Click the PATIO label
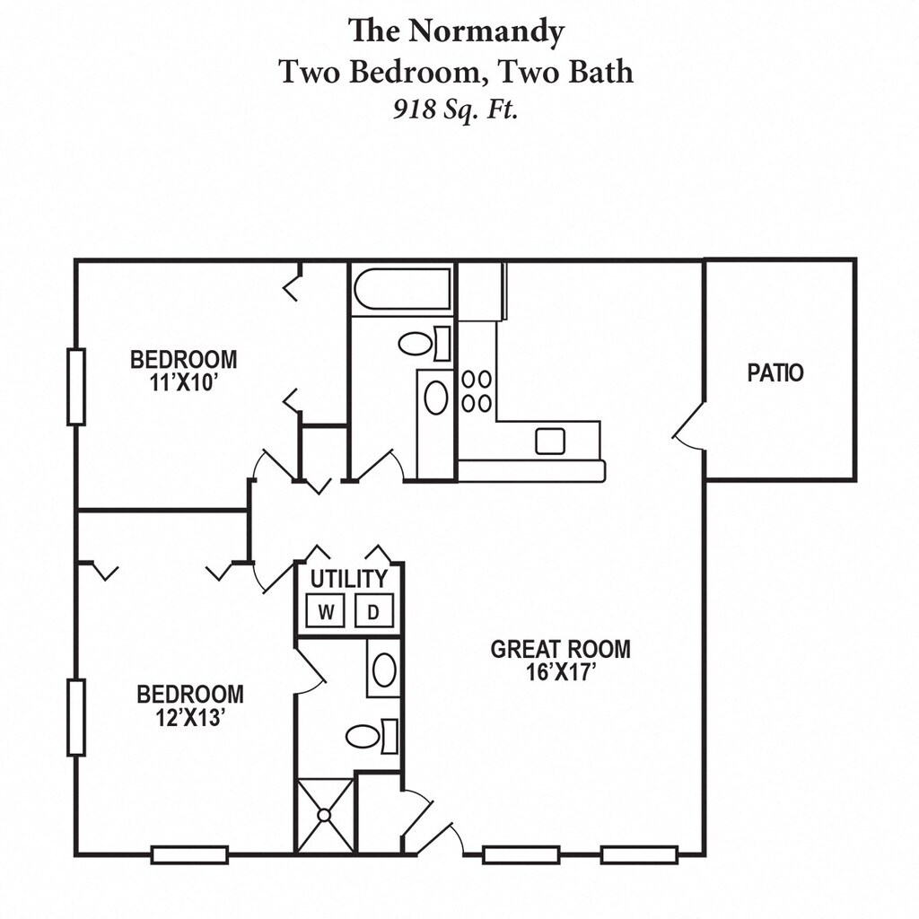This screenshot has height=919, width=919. tap(775, 372)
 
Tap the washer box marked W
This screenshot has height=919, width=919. tap(326, 611)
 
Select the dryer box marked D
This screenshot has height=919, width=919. tap(373, 611)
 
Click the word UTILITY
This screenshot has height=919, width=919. tap(349, 579)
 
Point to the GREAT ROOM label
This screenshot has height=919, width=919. tap(560, 650)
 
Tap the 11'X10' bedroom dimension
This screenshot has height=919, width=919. tap(184, 382)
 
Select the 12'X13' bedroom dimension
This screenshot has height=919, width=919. tap(190, 717)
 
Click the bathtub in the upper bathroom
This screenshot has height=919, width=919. tap(402, 288)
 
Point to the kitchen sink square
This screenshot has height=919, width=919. tap(550, 441)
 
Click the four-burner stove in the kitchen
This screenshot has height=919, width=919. tap(477, 391)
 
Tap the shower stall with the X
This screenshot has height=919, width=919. tap(325, 815)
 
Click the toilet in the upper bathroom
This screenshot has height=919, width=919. tap(424, 344)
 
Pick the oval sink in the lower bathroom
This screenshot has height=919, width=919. tap(384, 670)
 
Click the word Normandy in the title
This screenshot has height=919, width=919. tap(486, 32)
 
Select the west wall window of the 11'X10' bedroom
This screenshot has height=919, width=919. tap(76, 387)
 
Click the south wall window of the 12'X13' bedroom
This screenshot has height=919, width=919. tap(190, 854)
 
